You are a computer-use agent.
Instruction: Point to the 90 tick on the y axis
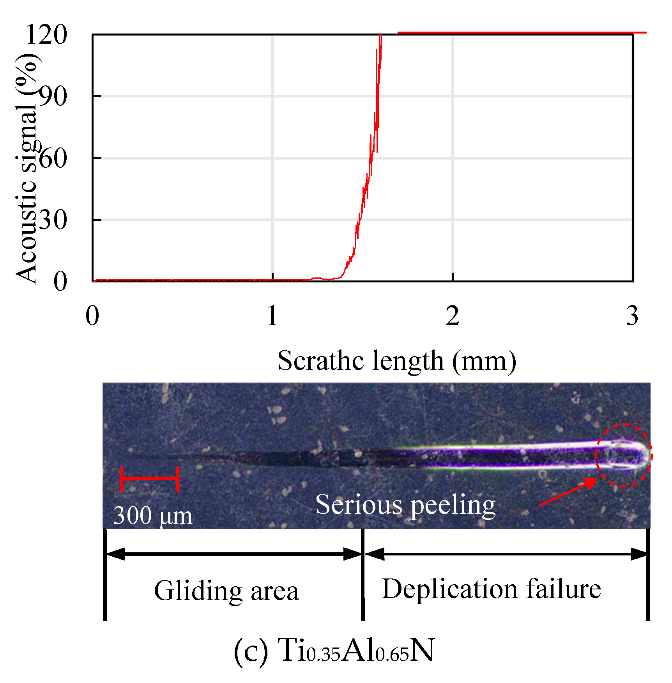coord(53,96)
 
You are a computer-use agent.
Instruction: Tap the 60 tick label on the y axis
coord(53,158)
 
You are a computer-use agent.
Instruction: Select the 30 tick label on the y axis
coord(53,220)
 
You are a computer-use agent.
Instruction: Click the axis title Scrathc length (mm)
coord(397,361)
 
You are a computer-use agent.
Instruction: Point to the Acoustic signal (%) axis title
coord(27,168)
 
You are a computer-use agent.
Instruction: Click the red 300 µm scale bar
coord(150,478)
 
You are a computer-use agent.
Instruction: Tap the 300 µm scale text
coord(153,516)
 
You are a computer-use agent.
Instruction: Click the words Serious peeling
coord(405,504)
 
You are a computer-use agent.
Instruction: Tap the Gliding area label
coord(226,591)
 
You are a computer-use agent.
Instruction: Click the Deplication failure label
coord(491,588)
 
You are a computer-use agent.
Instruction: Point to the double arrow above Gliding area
coord(234,553)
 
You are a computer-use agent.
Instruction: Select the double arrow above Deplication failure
coord(506,553)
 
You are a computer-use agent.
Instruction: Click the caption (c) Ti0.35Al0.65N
coord(334,650)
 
